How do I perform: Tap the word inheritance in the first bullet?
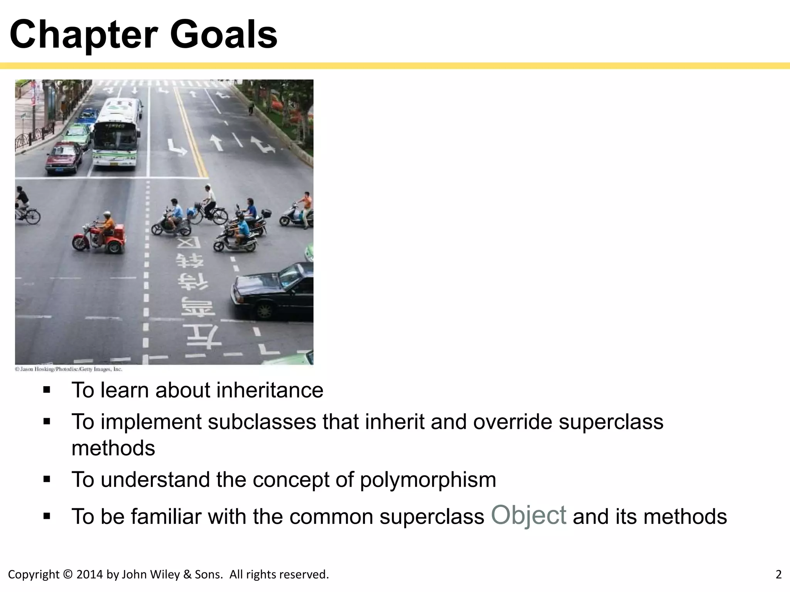(270, 390)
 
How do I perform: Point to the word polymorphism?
(428, 480)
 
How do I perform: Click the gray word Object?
(528, 515)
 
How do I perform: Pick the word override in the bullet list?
(513, 422)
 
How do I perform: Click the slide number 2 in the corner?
(778, 575)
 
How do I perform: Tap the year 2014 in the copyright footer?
(90, 575)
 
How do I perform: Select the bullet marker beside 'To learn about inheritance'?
(47, 390)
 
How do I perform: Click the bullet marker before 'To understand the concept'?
(47, 480)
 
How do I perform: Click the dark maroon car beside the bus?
(64, 156)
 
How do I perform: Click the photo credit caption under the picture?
(69, 369)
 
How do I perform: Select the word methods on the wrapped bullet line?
(113, 448)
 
